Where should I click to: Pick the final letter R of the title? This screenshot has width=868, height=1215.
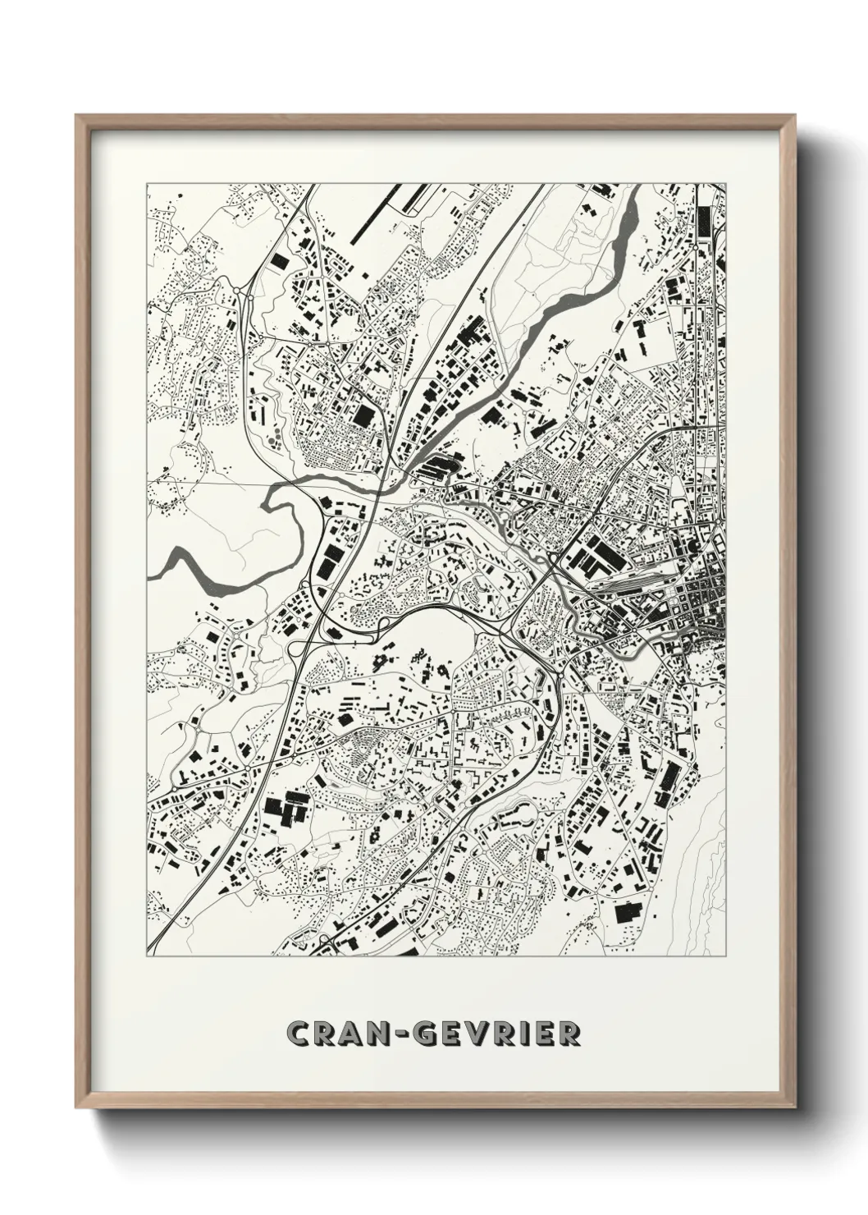pos(569,1034)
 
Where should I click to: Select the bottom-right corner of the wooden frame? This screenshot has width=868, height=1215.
pos(793,1107)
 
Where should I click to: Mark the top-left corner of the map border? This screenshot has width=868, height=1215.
pos(147,183)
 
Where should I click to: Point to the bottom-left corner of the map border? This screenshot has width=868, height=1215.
pos(147,956)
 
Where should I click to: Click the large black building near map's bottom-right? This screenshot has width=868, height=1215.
pos(627,914)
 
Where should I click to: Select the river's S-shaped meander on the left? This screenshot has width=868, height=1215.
pos(279,497)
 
